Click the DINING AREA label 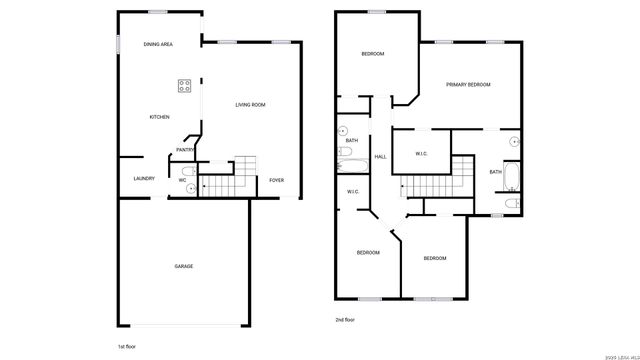click(x=158, y=44)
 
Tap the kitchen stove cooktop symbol click(x=185, y=86)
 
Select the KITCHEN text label click(x=159, y=117)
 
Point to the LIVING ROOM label click(x=250, y=105)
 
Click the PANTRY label click(x=185, y=150)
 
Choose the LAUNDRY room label click(x=143, y=179)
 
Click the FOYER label click(x=277, y=180)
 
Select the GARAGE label click(x=184, y=266)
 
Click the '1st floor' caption click(x=128, y=344)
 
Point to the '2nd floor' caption click(x=346, y=320)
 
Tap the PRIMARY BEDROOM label click(x=468, y=85)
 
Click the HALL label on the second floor click(x=380, y=156)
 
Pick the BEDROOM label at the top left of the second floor click(x=372, y=54)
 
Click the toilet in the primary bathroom click(x=512, y=204)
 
